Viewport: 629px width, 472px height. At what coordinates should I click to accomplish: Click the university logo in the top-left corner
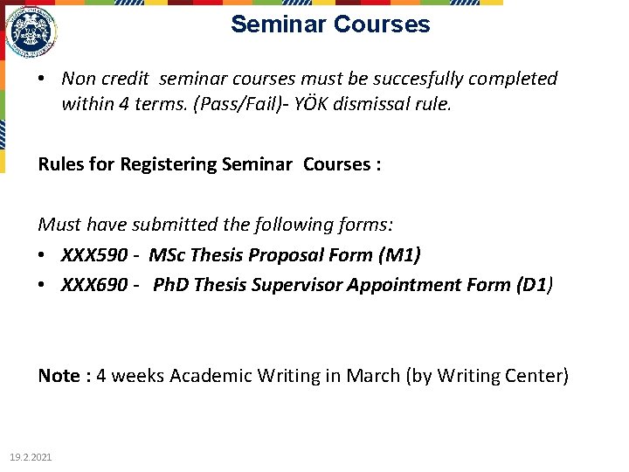click(31, 33)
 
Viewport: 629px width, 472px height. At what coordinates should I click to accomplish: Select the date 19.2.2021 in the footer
click(31, 457)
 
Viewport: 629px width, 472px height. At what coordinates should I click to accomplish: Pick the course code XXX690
click(94, 285)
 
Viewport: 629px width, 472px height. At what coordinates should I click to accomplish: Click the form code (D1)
click(535, 285)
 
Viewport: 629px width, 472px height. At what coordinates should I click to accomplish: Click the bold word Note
click(59, 376)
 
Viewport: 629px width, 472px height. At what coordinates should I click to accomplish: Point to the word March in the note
click(373, 376)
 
